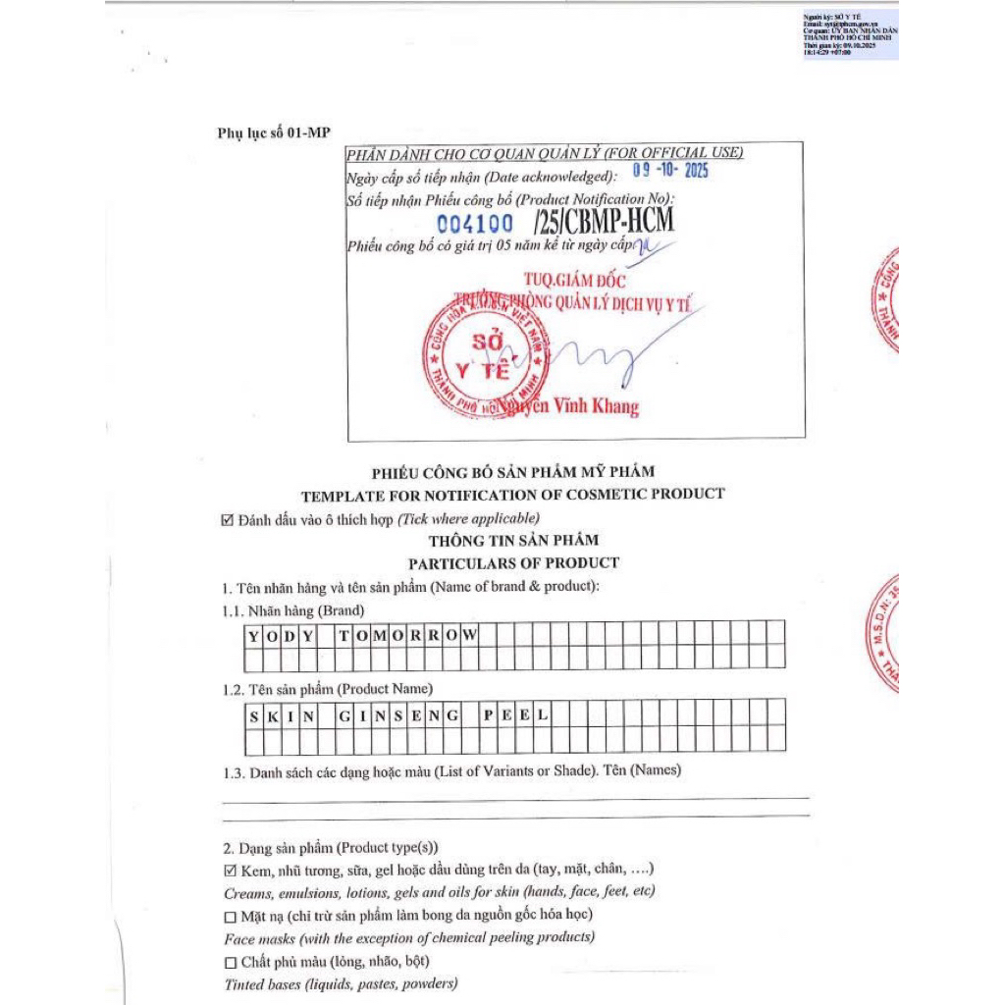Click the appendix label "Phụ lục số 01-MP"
tap(274, 133)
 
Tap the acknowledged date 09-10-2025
tap(669, 171)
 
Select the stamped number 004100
tap(474, 225)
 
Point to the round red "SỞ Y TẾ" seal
tap(486, 358)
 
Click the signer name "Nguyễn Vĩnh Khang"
tap(567, 406)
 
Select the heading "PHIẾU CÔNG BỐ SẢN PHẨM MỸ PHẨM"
tap(512, 472)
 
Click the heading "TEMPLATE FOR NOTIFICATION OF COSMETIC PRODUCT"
tap(512, 495)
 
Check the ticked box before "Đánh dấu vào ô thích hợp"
tap(228, 519)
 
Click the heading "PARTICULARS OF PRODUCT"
tap(513, 563)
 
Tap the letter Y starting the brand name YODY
tap(253, 635)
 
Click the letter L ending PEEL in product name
tap(542, 714)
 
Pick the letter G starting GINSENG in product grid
tap(344, 714)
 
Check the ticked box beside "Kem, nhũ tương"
tap(231, 871)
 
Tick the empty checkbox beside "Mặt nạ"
tap(231, 917)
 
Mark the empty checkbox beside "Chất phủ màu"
tap(231, 962)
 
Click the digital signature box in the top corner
tap(849, 35)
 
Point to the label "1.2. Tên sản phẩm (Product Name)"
tap(327, 689)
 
